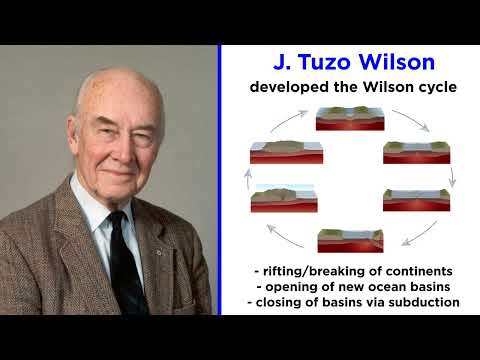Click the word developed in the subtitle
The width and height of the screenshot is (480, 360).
click(x=288, y=88)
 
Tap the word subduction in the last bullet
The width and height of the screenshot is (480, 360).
click(x=422, y=301)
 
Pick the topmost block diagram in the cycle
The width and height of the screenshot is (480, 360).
click(x=346, y=119)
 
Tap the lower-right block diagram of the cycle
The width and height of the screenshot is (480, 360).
click(x=416, y=199)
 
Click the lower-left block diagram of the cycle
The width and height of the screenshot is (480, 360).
click(x=284, y=198)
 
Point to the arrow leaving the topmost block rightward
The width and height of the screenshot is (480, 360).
click(x=411, y=120)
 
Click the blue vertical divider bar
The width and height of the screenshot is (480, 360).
click(x=219, y=180)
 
